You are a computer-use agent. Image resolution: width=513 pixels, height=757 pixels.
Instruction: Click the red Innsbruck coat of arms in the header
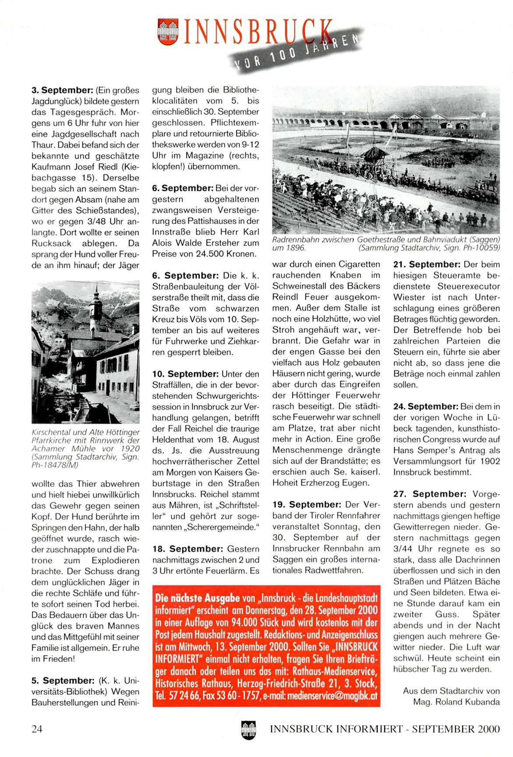(168, 32)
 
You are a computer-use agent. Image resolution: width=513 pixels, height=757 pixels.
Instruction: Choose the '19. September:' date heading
(307, 505)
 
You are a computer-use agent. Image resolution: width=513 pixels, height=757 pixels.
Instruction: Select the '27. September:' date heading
(430, 494)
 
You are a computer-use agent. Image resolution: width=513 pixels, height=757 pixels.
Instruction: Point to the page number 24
(37, 729)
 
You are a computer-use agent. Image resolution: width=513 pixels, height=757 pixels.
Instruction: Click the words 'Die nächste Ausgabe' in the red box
(198, 598)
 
